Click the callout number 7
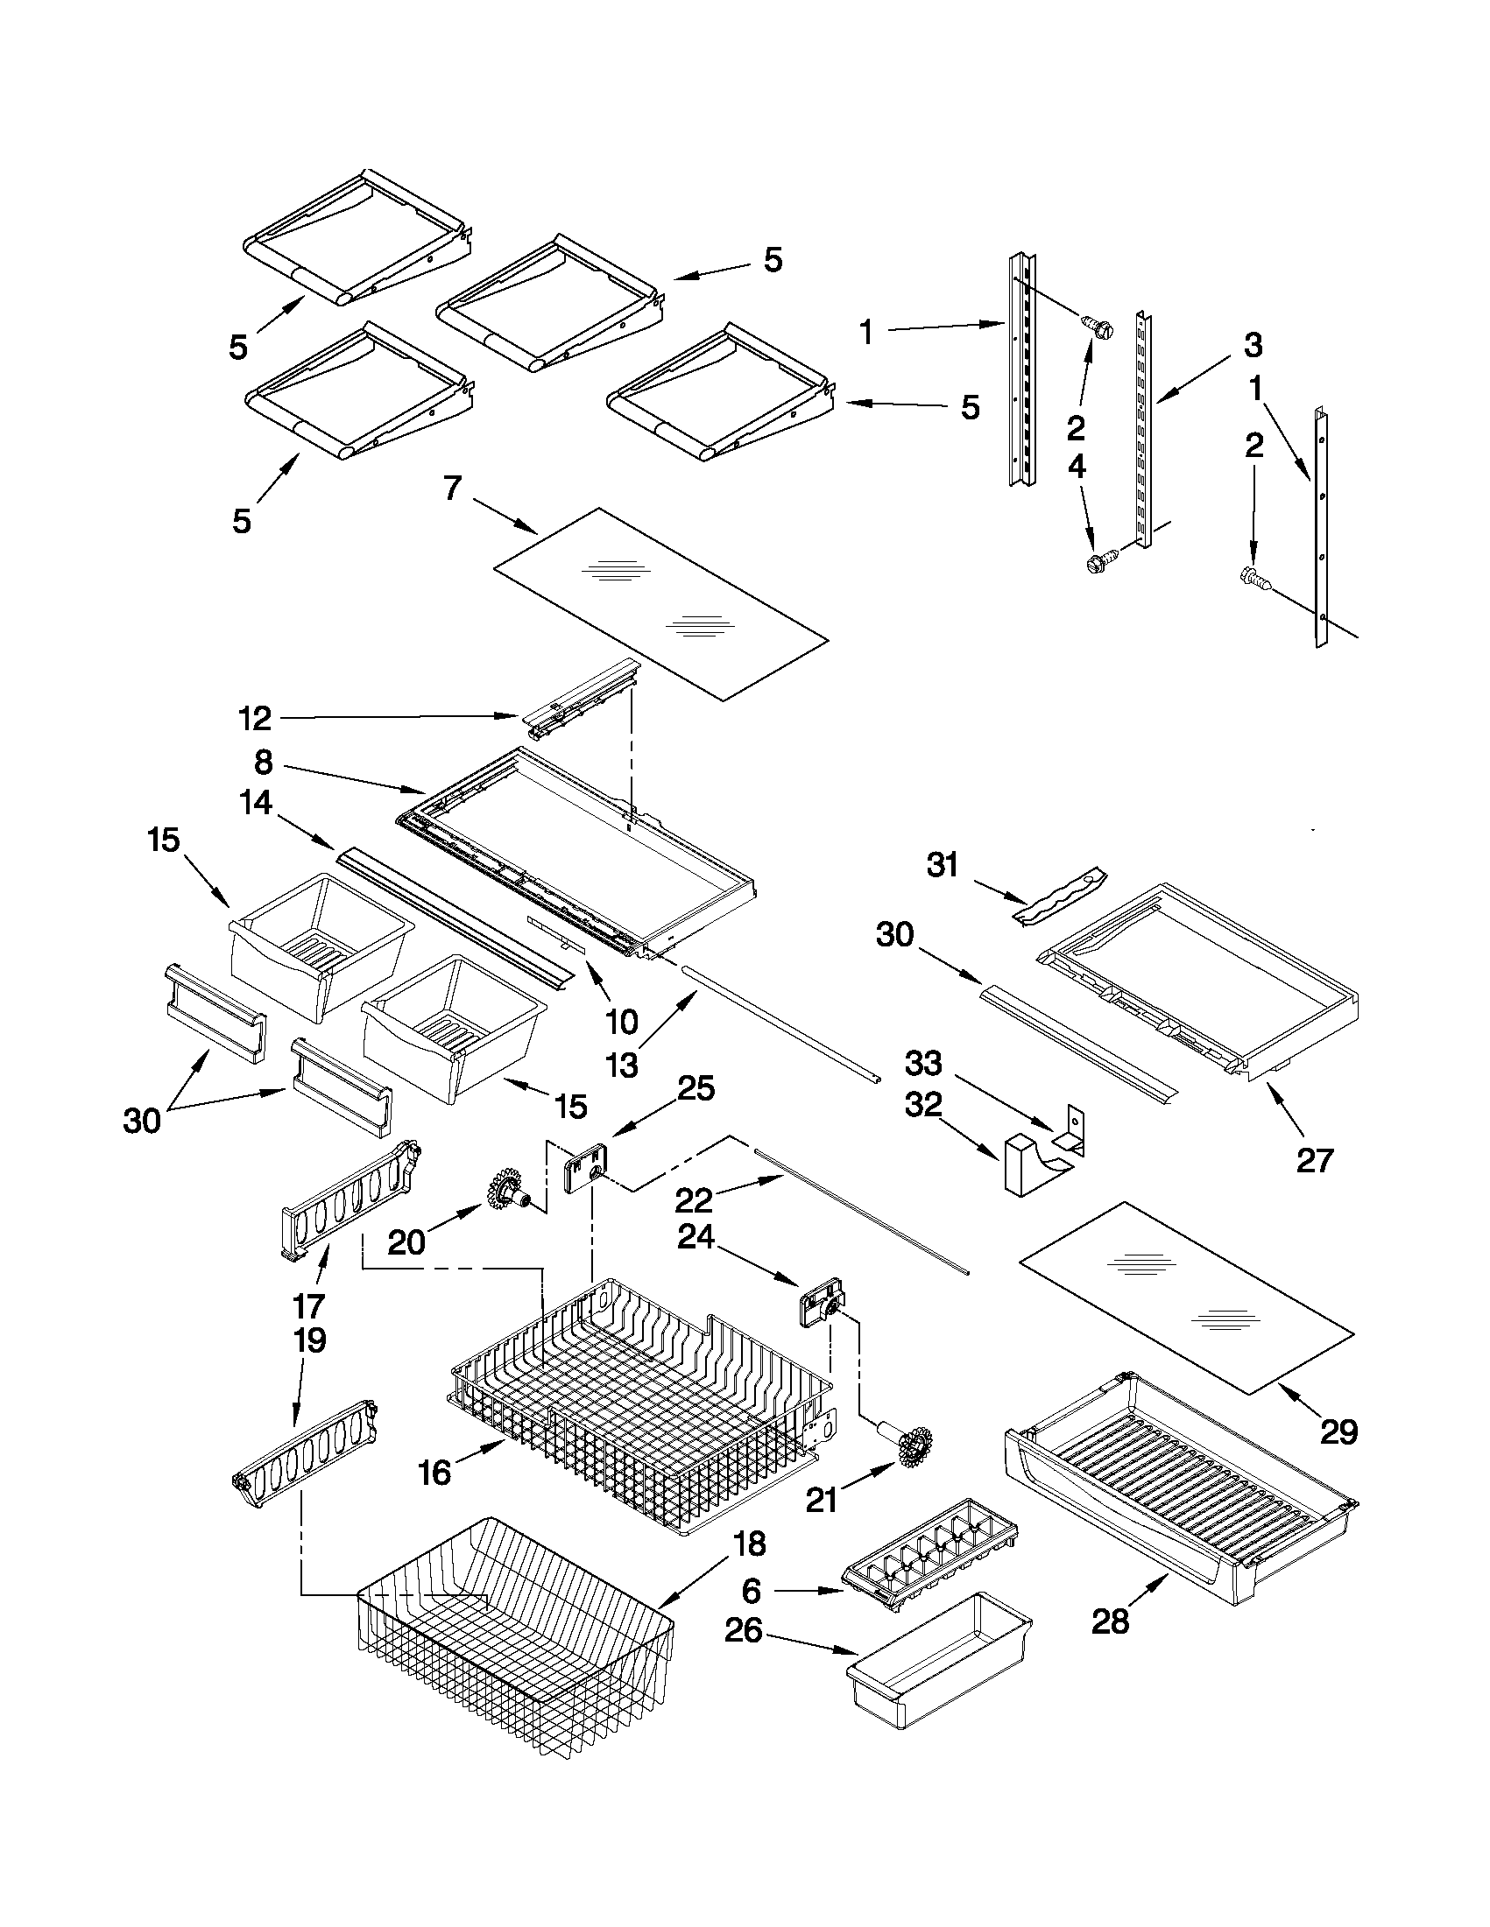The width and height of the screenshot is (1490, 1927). point(452,487)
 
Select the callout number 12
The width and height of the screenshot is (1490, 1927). point(254,719)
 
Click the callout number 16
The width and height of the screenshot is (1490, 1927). point(434,1472)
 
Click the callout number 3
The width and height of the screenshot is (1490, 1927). point(1253,345)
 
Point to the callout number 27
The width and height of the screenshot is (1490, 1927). point(1313,1160)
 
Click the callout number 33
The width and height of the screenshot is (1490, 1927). point(923,1064)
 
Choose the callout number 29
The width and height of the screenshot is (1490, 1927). point(1338,1432)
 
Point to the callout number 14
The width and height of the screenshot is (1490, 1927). point(256,803)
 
